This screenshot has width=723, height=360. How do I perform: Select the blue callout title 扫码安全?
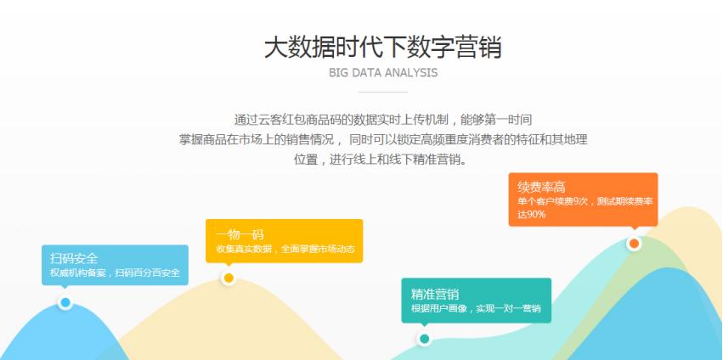(74, 258)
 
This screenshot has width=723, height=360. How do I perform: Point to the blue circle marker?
(65, 302)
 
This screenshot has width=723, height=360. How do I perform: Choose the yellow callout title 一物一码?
(240, 233)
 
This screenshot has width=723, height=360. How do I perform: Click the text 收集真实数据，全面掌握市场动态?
(285, 250)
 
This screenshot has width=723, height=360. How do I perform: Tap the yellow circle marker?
(228, 278)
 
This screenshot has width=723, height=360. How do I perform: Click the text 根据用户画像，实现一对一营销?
(476, 309)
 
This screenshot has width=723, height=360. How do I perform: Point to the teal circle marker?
(424, 339)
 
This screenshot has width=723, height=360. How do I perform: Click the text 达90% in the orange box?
(532, 215)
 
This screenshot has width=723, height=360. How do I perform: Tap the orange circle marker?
(634, 244)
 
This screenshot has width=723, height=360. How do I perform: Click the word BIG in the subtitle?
(339, 73)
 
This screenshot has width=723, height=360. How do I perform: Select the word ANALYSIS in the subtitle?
(412, 73)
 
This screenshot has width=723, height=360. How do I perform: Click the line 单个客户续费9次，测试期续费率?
(585, 201)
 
